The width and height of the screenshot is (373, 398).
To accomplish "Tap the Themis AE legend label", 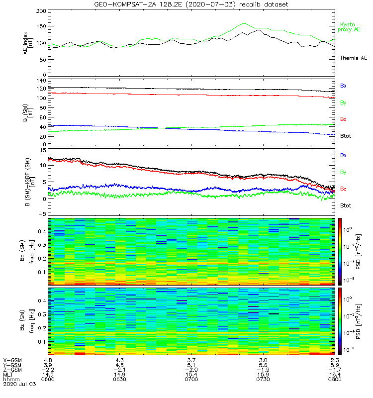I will click(354, 58).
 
